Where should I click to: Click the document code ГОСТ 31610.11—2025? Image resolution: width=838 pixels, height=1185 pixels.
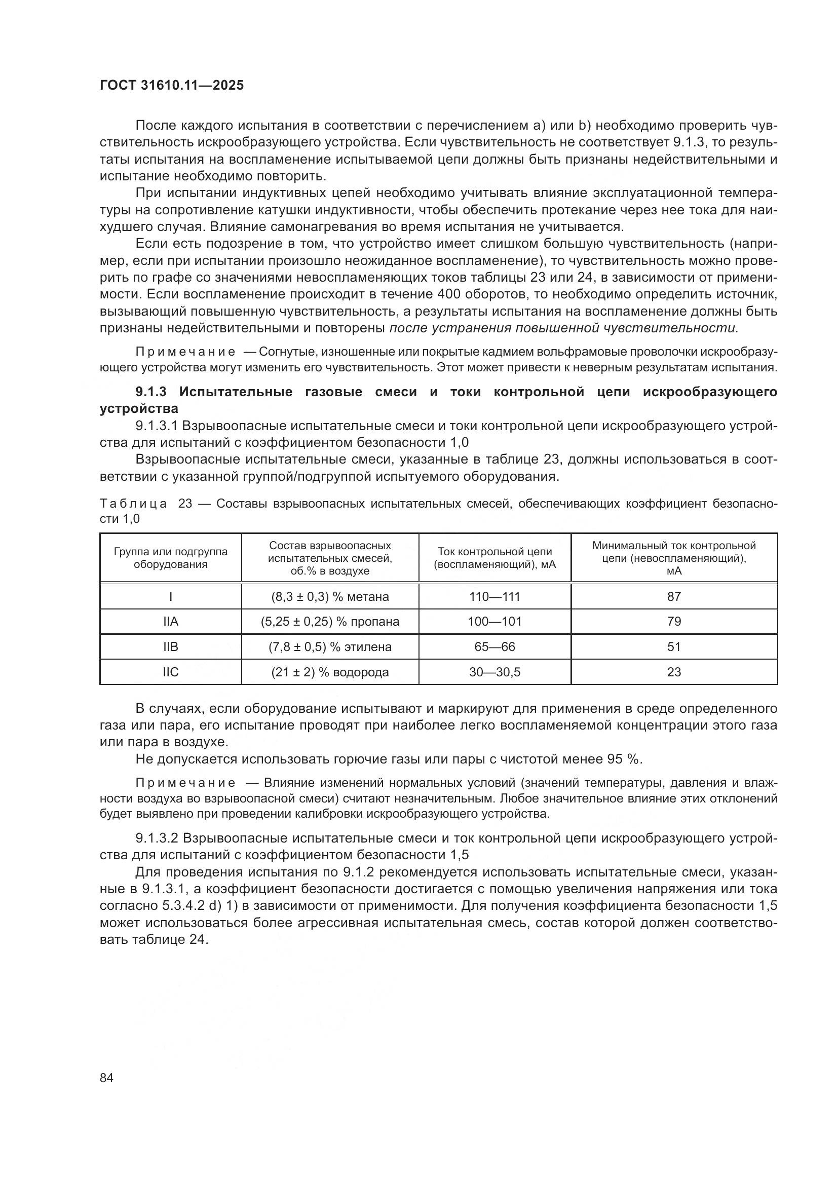click(x=171, y=85)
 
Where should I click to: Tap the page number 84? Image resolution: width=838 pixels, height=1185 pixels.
click(x=106, y=1078)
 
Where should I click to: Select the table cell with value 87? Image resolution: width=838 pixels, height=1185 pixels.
click(x=674, y=597)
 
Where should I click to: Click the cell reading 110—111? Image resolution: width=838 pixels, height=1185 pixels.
click(x=494, y=597)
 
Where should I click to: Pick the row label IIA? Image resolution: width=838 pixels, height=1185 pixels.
click(x=170, y=622)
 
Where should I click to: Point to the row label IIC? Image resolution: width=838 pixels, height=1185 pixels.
click(x=170, y=672)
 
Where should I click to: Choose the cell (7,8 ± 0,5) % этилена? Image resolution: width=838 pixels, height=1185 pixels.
click(x=330, y=646)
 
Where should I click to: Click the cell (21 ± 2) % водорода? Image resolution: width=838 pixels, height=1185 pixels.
click(x=330, y=672)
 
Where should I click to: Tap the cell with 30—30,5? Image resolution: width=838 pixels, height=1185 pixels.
click(x=494, y=672)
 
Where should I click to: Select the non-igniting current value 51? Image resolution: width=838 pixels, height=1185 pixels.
click(x=674, y=646)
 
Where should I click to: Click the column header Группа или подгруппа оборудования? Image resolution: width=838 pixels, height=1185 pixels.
click(x=170, y=558)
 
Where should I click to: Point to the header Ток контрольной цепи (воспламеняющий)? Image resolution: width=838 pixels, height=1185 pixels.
click(x=494, y=558)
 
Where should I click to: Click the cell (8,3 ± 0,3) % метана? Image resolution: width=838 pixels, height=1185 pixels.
click(x=330, y=597)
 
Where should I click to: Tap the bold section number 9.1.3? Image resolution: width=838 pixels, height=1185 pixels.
click(x=150, y=392)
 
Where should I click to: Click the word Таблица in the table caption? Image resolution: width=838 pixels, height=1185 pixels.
click(x=133, y=503)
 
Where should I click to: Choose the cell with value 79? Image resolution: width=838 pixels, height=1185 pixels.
click(x=674, y=622)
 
